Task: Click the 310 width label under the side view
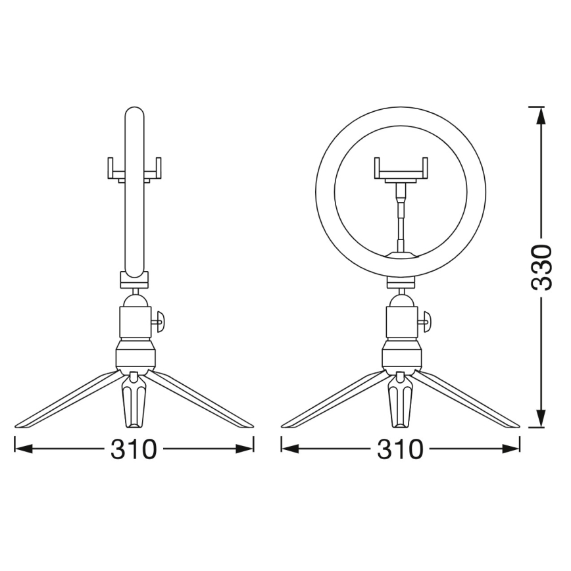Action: click(134, 449)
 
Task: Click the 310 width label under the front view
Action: click(401, 449)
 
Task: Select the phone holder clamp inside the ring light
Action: click(401, 169)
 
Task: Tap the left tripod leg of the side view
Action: click(66, 401)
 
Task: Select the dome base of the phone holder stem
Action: click(401, 251)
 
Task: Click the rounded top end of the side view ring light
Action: click(134, 113)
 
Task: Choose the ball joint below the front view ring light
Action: click(401, 300)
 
